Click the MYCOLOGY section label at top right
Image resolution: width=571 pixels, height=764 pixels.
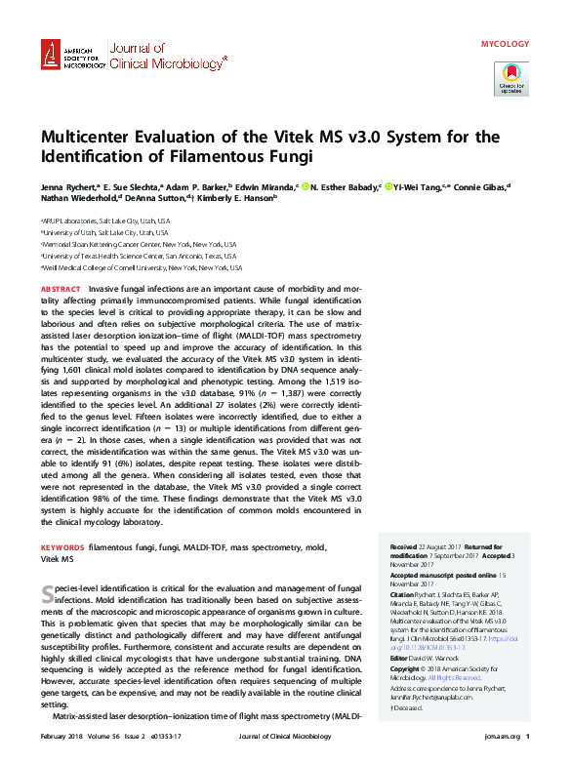(x=506, y=44)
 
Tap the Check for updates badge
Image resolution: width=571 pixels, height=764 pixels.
(x=510, y=77)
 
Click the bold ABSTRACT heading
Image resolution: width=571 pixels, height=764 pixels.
(x=61, y=290)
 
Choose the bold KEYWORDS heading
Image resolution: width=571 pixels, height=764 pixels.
(x=62, y=549)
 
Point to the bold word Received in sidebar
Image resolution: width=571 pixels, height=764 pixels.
(x=404, y=547)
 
